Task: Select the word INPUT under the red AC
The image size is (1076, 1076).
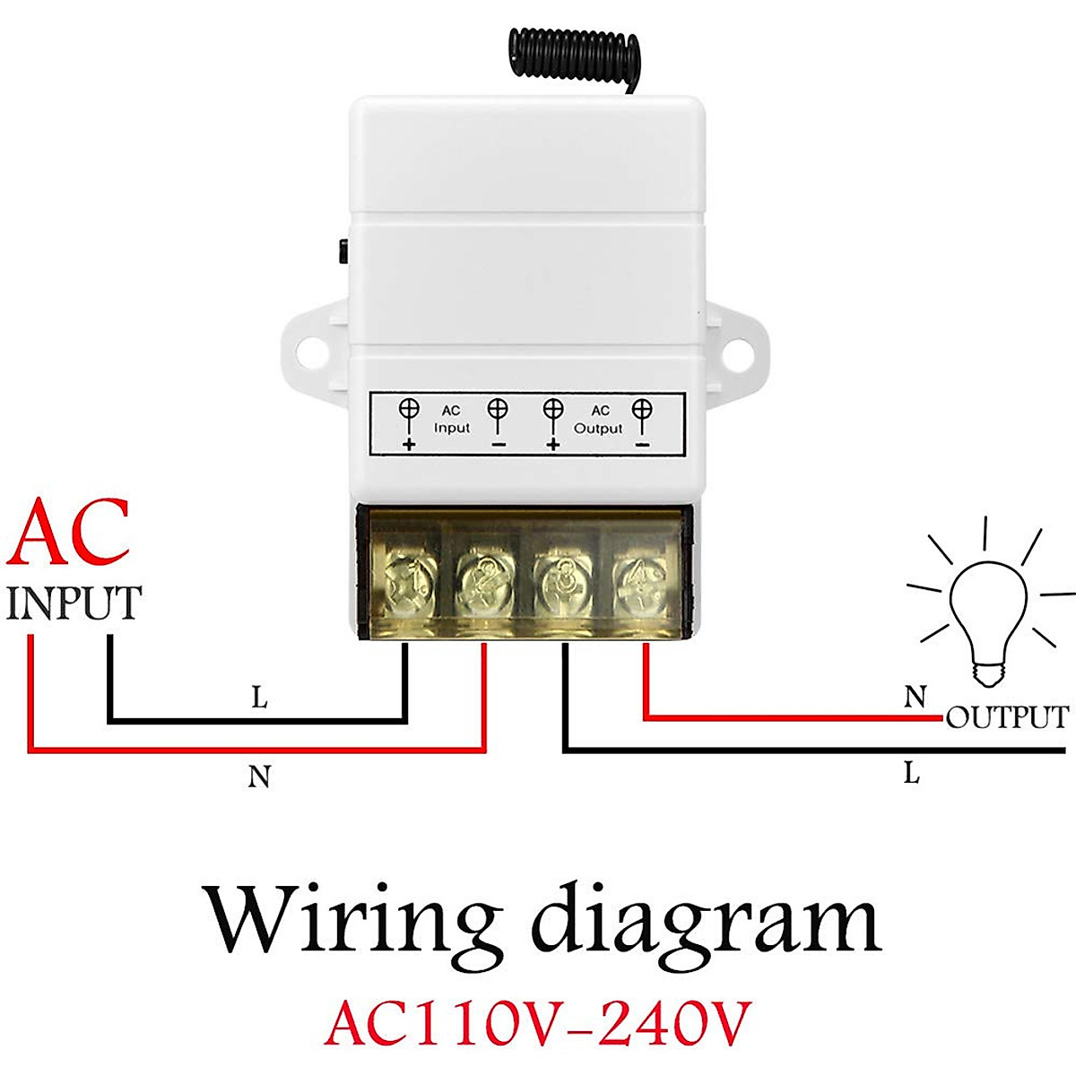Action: (x=74, y=603)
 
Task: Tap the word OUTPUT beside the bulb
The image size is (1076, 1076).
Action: (x=1007, y=717)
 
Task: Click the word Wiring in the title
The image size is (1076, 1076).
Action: (x=352, y=920)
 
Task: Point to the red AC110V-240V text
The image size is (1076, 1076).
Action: (x=536, y=1023)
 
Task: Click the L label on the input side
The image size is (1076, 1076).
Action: (x=259, y=698)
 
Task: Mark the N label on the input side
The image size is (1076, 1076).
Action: (x=259, y=777)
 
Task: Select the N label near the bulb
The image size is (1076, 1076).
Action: (x=915, y=697)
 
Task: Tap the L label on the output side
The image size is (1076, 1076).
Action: (x=911, y=772)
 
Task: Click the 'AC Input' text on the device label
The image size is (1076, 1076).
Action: (x=451, y=420)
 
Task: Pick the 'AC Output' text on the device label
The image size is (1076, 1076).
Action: (x=598, y=420)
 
